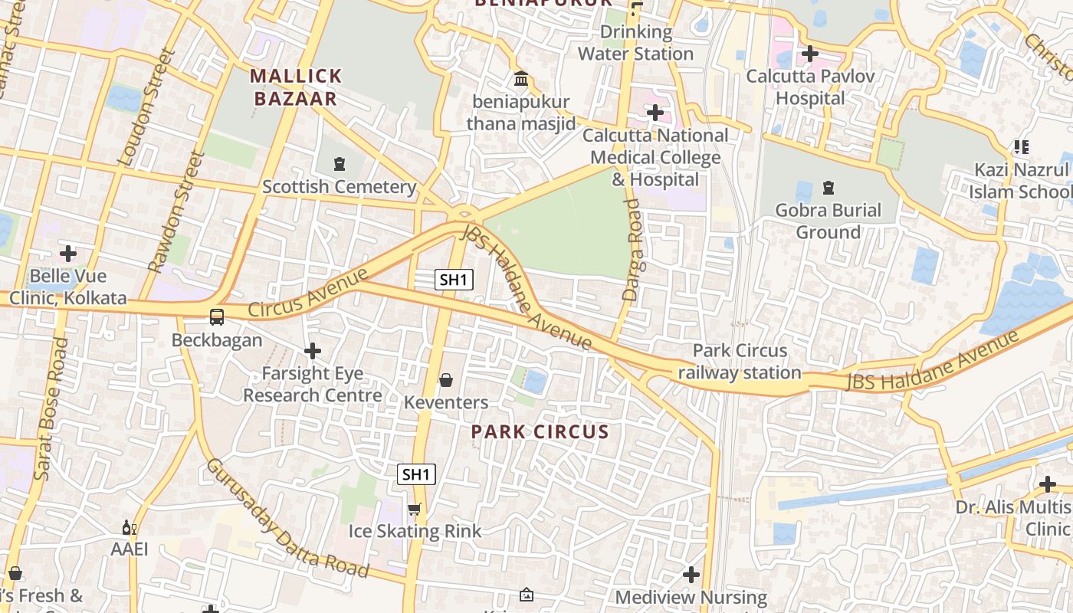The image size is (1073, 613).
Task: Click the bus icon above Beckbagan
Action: pos(217,316)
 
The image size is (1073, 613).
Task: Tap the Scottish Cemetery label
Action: pos(340,186)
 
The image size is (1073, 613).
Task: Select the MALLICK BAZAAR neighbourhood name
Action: pos(296,87)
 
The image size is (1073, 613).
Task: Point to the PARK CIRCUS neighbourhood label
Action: pos(540,431)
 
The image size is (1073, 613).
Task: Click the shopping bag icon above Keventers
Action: pos(446,380)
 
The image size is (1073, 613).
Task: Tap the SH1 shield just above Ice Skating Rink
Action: pos(416,474)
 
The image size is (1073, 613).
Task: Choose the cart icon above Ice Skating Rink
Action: pos(415,509)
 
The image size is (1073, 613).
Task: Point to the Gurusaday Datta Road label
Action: pos(287,519)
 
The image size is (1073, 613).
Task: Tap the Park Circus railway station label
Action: pos(740,362)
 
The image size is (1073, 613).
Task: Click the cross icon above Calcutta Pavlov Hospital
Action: pos(809,54)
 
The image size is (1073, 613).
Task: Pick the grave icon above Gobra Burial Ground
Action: pos(828,187)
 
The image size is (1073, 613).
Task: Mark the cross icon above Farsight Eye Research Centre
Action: pos(312,351)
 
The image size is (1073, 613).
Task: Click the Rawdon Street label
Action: pos(177,211)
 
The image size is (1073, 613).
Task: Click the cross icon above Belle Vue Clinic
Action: pos(68,253)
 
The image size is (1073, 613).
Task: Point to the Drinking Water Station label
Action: pos(635,43)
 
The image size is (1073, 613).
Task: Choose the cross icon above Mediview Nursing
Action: pos(691,574)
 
